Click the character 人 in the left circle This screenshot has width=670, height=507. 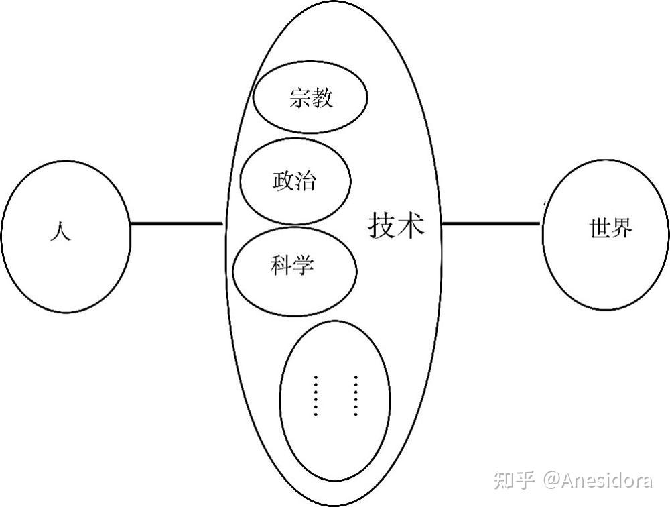pos(60,231)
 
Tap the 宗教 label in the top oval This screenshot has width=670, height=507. pos(311,98)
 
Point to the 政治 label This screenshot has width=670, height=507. pos(294,181)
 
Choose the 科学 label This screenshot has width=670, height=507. pos(292,265)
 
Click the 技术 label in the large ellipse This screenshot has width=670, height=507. pos(397,225)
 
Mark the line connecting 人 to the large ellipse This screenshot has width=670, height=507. pos(176,223)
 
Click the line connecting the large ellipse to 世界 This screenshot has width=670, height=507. pos(491,223)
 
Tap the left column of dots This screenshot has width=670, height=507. pos(316,396)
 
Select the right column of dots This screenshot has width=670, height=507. pos(356,396)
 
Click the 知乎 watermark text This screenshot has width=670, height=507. pos(514,480)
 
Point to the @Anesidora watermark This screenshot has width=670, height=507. pos(598,480)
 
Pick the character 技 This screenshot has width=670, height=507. pos(382,225)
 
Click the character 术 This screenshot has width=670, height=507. pos(411,225)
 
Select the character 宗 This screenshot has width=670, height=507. pos(300,98)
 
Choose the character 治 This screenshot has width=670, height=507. pos(306,181)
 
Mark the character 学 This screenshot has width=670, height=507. pos(304,265)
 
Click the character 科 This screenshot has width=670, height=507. pos(281,265)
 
